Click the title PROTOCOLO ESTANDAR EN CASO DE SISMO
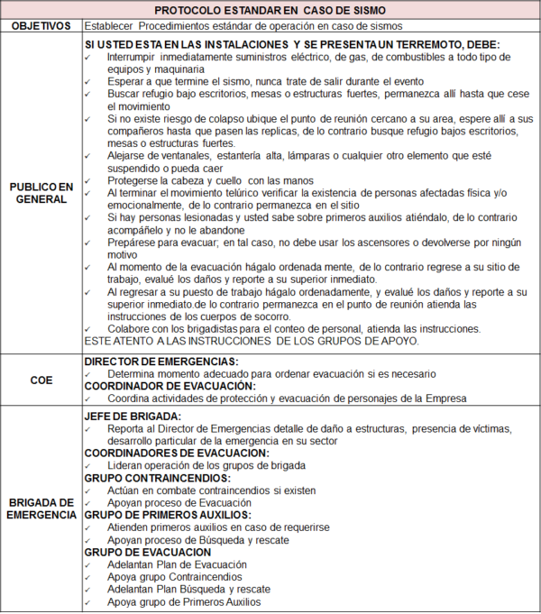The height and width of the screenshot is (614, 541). point(271,9)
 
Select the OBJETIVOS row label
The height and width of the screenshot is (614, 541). point(41,26)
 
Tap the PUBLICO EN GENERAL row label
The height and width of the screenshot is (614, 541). point(41,193)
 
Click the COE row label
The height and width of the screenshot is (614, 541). point(41,380)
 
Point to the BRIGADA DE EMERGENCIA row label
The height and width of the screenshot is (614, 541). point(41,508)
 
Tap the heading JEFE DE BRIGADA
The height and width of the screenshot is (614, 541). point(133,416)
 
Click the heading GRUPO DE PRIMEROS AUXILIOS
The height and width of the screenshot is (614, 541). point(168,514)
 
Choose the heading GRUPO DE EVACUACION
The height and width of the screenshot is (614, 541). point(147,551)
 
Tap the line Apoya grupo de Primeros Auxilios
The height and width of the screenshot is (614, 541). point(184,600)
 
